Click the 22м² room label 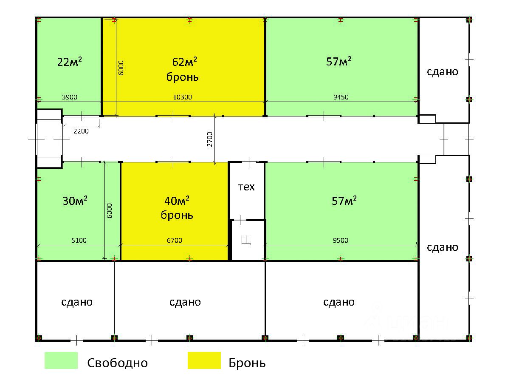pos(70,62)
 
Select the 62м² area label pos(185,62)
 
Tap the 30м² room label pos(75,201)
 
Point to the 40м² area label pos(177,200)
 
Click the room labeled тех pos(246,187)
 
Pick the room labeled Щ pos(246,240)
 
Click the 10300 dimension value pos(183,97)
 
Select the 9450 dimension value pos(341,97)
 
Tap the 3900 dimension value pos(69,97)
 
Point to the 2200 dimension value pos(81,131)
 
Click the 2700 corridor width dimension pos(210,139)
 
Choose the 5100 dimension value pos(79,241)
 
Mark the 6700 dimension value pos(174,241)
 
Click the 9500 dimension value pos(340,241)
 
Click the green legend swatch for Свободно pos(61,360)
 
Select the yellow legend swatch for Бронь pos(204,360)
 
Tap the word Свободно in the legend pos(118,363)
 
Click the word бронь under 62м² pos(183,77)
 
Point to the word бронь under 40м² pos(177,215)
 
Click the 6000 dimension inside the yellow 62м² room pos(121,68)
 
